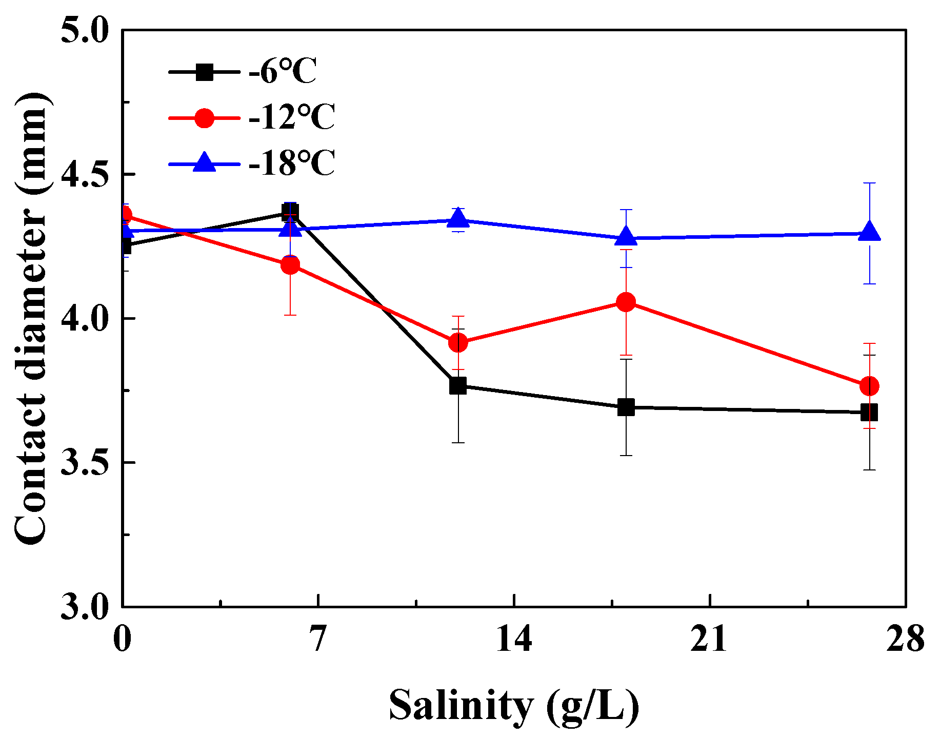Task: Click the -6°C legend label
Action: point(283,71)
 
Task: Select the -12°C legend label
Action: point(292,117)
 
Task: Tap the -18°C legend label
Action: point(292,163)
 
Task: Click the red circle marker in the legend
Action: point(204,118)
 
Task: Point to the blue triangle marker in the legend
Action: point(204,162)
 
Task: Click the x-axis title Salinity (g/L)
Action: point(514,706)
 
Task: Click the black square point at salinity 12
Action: point(458,385)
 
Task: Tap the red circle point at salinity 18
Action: point(626,302)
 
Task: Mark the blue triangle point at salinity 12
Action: point(458,220)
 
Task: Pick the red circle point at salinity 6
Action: point(290,264)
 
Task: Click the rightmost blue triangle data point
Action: point(869,233)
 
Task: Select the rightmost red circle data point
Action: point(869,385)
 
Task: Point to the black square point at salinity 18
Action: point(626,407)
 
